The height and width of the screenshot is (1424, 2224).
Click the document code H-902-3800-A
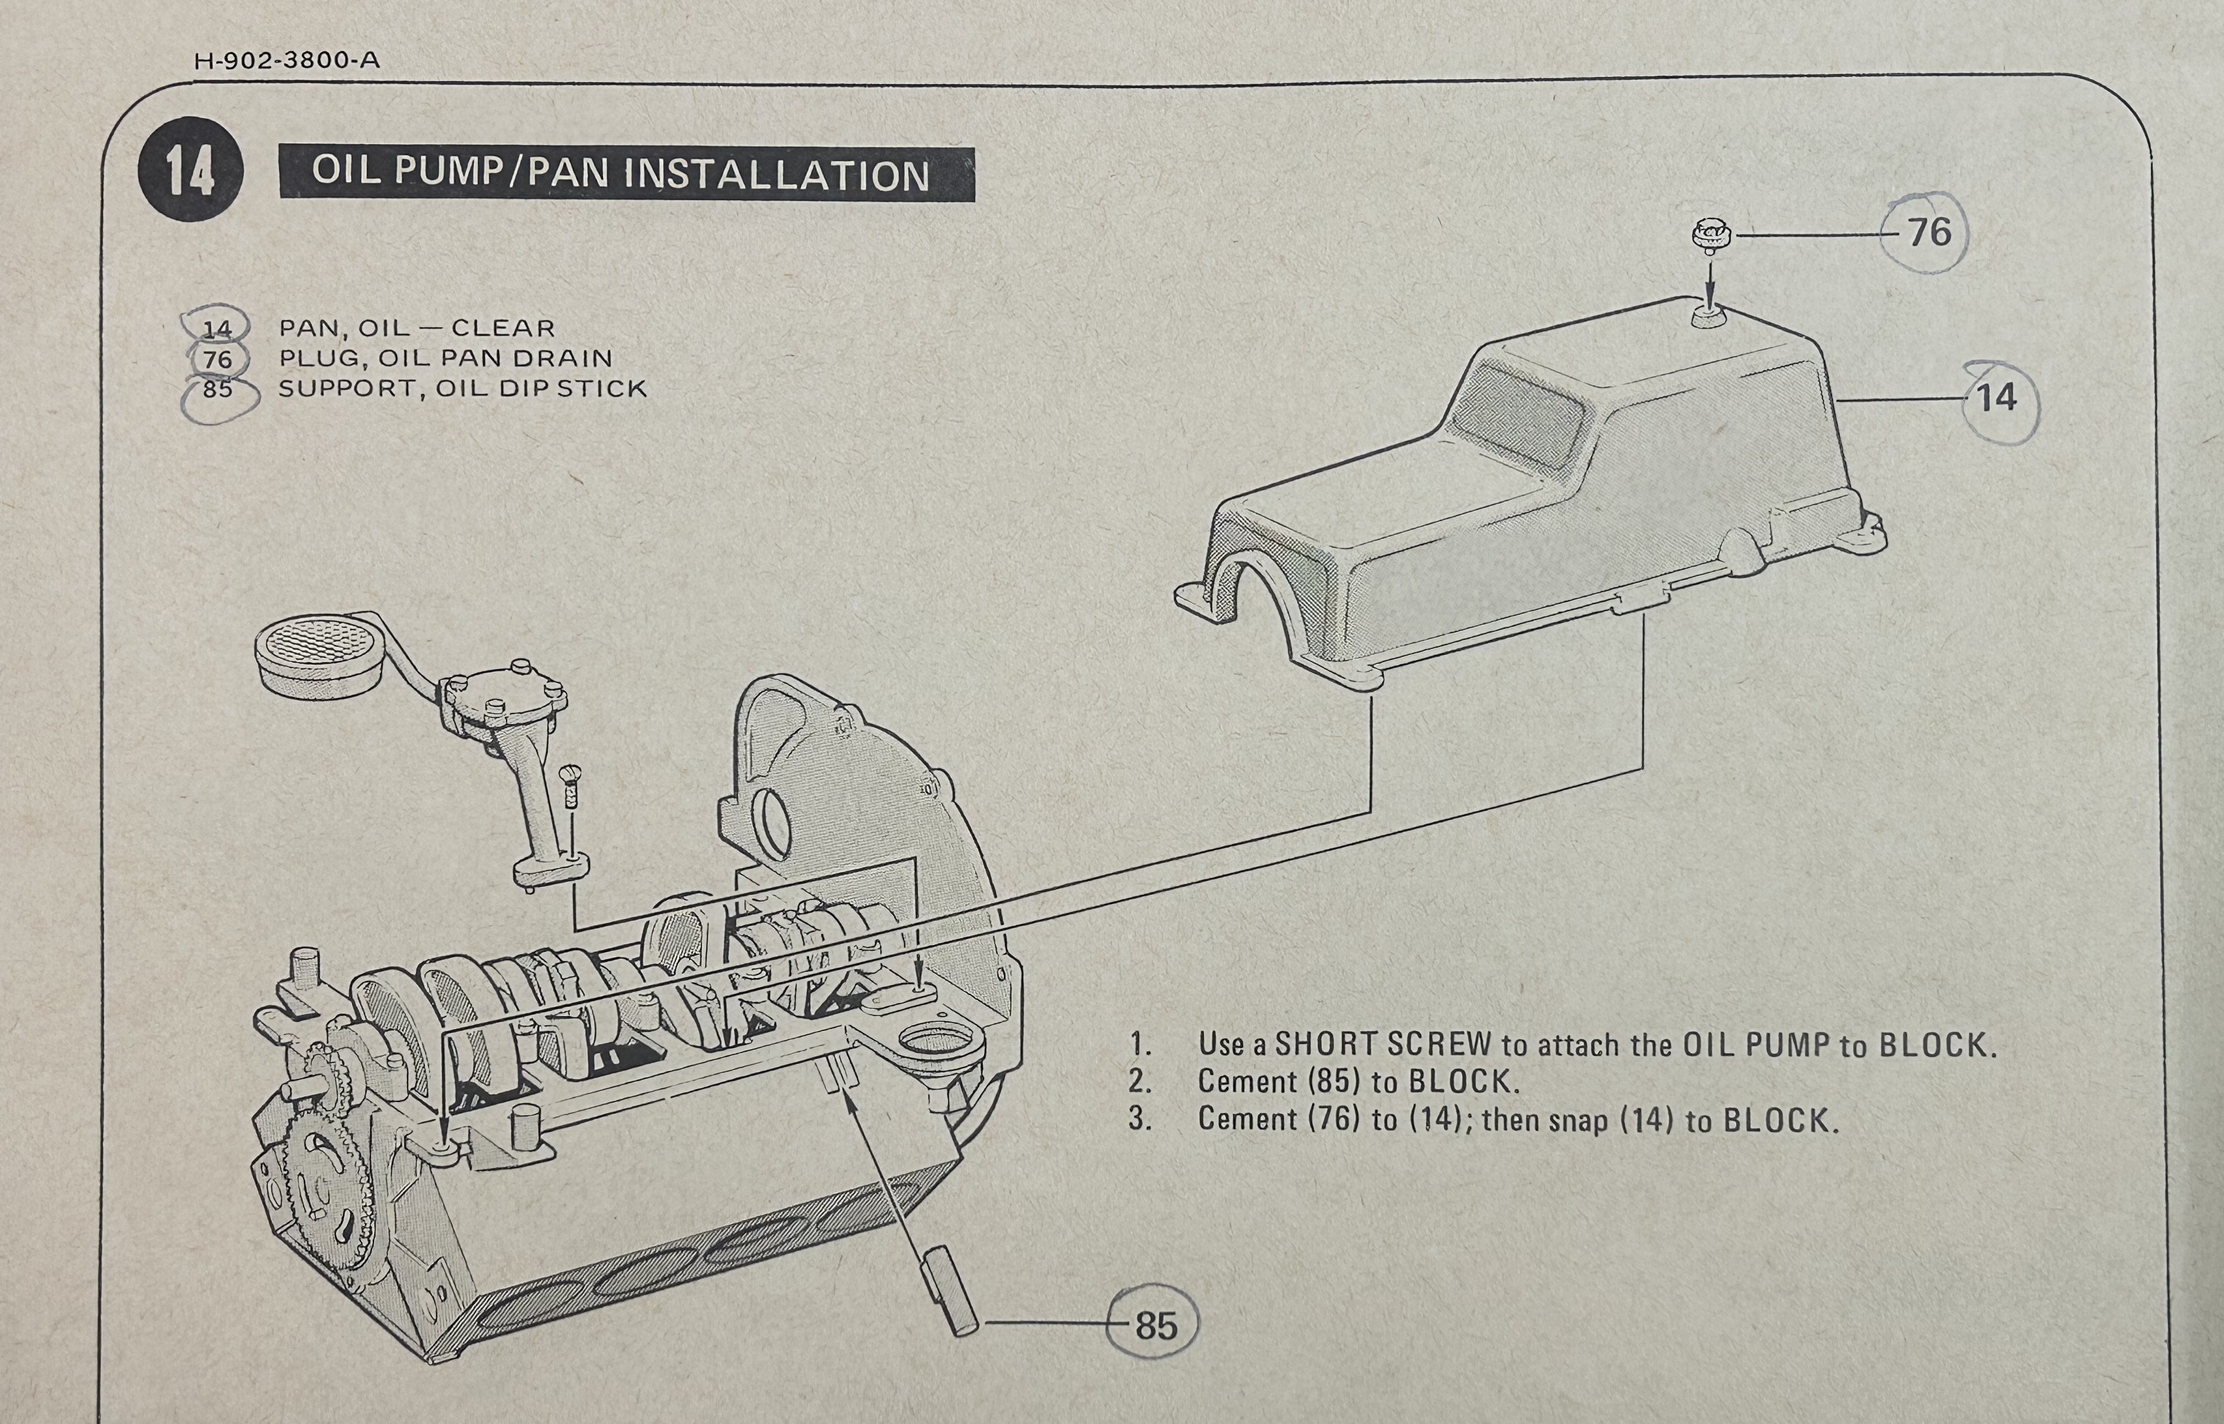click(287, 61)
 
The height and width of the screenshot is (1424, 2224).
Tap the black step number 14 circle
click(190, 170)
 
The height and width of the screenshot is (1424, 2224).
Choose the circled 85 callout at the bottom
click(1155, 1325)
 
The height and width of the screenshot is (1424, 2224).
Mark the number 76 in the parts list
click(217, 359)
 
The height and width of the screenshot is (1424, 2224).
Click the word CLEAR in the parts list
click(503, 328)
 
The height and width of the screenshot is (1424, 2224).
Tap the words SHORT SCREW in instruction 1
click(1383, 1044)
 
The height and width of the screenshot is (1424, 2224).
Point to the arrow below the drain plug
click(1709, 283)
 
